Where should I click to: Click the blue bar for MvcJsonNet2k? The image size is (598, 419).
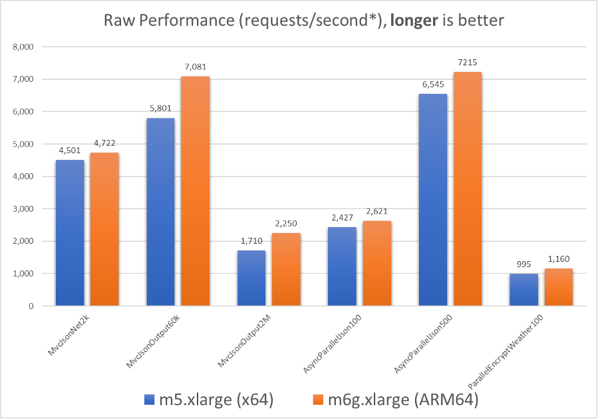pyautogui.click(x=70, y=233)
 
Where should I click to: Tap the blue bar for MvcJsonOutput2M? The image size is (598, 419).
pyautogui.click(x=251, y=278)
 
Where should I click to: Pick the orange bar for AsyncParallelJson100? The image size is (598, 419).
pyautogui.click(x=377, y=263)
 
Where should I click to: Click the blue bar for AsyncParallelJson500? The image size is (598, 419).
pyautogui.click(x=433, y=200)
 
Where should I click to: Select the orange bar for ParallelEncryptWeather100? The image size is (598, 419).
pyautogui.click(x=558, y=287)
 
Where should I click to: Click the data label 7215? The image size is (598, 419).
pyautogui.click(x=468, y=62)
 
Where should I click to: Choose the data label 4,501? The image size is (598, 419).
pyautogui.click(x=70, y=150)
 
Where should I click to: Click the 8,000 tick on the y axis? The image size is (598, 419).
pyautogui.click(x=23, y=47)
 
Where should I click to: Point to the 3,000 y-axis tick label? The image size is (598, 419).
pyautogui.click(x=23, y=209)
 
